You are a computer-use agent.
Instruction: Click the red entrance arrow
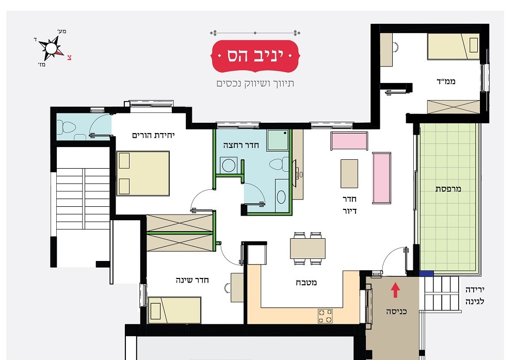point(396,290)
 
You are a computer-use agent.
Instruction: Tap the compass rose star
point(51,48)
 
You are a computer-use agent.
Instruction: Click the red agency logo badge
point(255,56)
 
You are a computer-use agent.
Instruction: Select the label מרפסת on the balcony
point(448,189)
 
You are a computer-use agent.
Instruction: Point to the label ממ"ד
point(446,81)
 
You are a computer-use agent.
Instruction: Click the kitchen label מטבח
point(307,282)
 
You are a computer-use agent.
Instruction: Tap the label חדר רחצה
point(241,145)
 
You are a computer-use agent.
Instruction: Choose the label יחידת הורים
point(153,135)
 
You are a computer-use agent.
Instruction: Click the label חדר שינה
point(192,280)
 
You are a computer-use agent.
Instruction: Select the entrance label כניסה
point(396,312)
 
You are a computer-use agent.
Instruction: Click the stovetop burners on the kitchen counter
point(325,316)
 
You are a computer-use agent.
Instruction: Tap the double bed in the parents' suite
point(143,173)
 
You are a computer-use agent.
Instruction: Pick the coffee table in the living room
point(349,174)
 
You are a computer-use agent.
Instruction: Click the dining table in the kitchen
point(308,249)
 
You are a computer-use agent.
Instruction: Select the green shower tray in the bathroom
point(278,140)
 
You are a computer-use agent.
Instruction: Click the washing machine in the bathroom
point(229,165)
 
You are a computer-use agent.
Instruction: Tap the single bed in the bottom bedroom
point(174,310)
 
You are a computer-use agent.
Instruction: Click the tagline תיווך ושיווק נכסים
point(255,84)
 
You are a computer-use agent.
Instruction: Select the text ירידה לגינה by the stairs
point(475,296)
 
